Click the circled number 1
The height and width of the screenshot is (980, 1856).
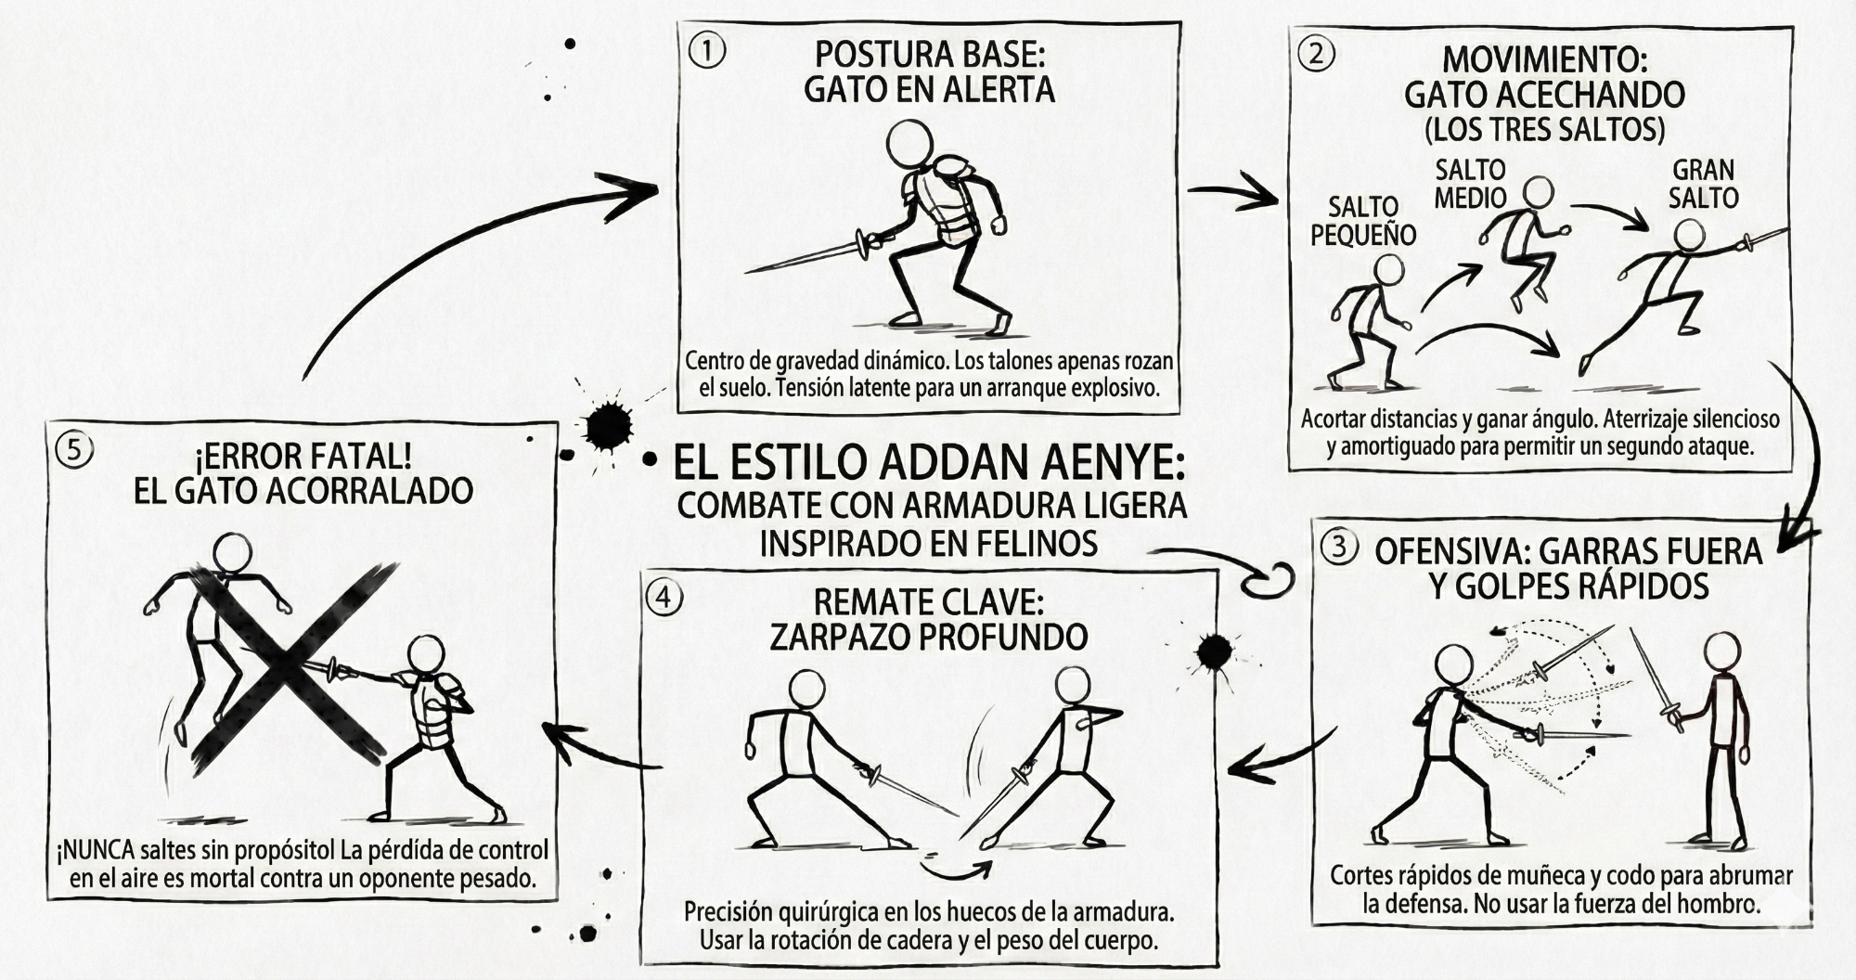tap(708, 51)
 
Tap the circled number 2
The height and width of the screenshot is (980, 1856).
tap(1317, 54)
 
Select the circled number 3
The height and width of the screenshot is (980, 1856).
tap(1339, 547)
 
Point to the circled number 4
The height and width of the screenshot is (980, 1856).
tap(664, 598)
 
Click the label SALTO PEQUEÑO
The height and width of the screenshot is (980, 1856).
tap(1363, 221)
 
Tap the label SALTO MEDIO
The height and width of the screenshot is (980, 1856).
tap(1470, 184)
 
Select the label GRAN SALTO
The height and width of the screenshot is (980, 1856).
tap(1703, 184)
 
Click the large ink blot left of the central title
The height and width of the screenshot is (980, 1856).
tap(608, 427)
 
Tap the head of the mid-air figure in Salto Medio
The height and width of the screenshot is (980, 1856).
tap(1539, 192)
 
